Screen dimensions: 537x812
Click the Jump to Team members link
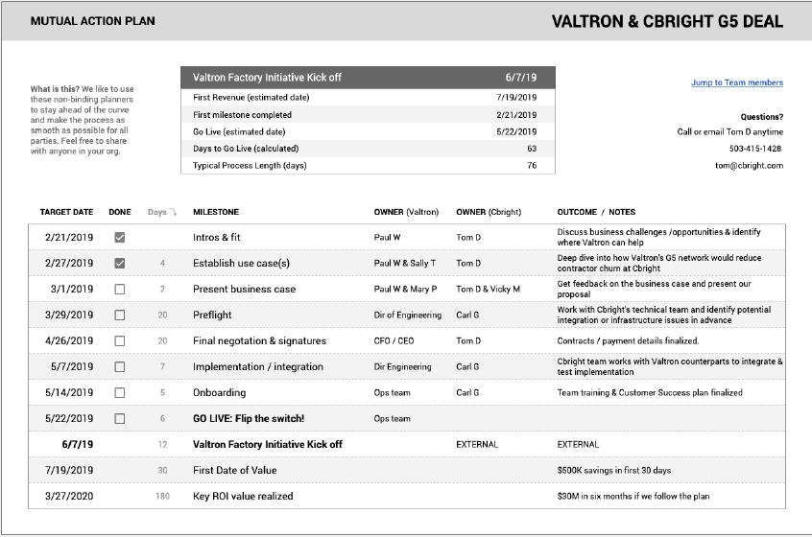(736, 82)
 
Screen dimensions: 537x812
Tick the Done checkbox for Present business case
(119, 289)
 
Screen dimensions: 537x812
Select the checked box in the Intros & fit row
(119, 237)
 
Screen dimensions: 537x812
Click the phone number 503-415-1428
(755, 149)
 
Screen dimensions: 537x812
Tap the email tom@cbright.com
(751, 165)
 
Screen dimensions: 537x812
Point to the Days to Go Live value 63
(531, 149)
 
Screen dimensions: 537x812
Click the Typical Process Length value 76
(531, 166)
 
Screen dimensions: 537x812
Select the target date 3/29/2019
(69, 315)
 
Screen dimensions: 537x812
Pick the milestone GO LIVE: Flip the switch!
(249, 418)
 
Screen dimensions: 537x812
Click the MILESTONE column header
(216, 212)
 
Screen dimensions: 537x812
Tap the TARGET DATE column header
(66, 212)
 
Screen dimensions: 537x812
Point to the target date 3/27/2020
(69, 496)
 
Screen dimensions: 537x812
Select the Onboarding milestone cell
(219, 392)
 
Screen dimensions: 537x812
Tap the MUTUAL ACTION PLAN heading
(92, 21)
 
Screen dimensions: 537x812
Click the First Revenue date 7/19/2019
(516, 97)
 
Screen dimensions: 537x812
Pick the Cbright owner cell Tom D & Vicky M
(488, 289)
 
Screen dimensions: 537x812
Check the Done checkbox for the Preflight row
(119, 315)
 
